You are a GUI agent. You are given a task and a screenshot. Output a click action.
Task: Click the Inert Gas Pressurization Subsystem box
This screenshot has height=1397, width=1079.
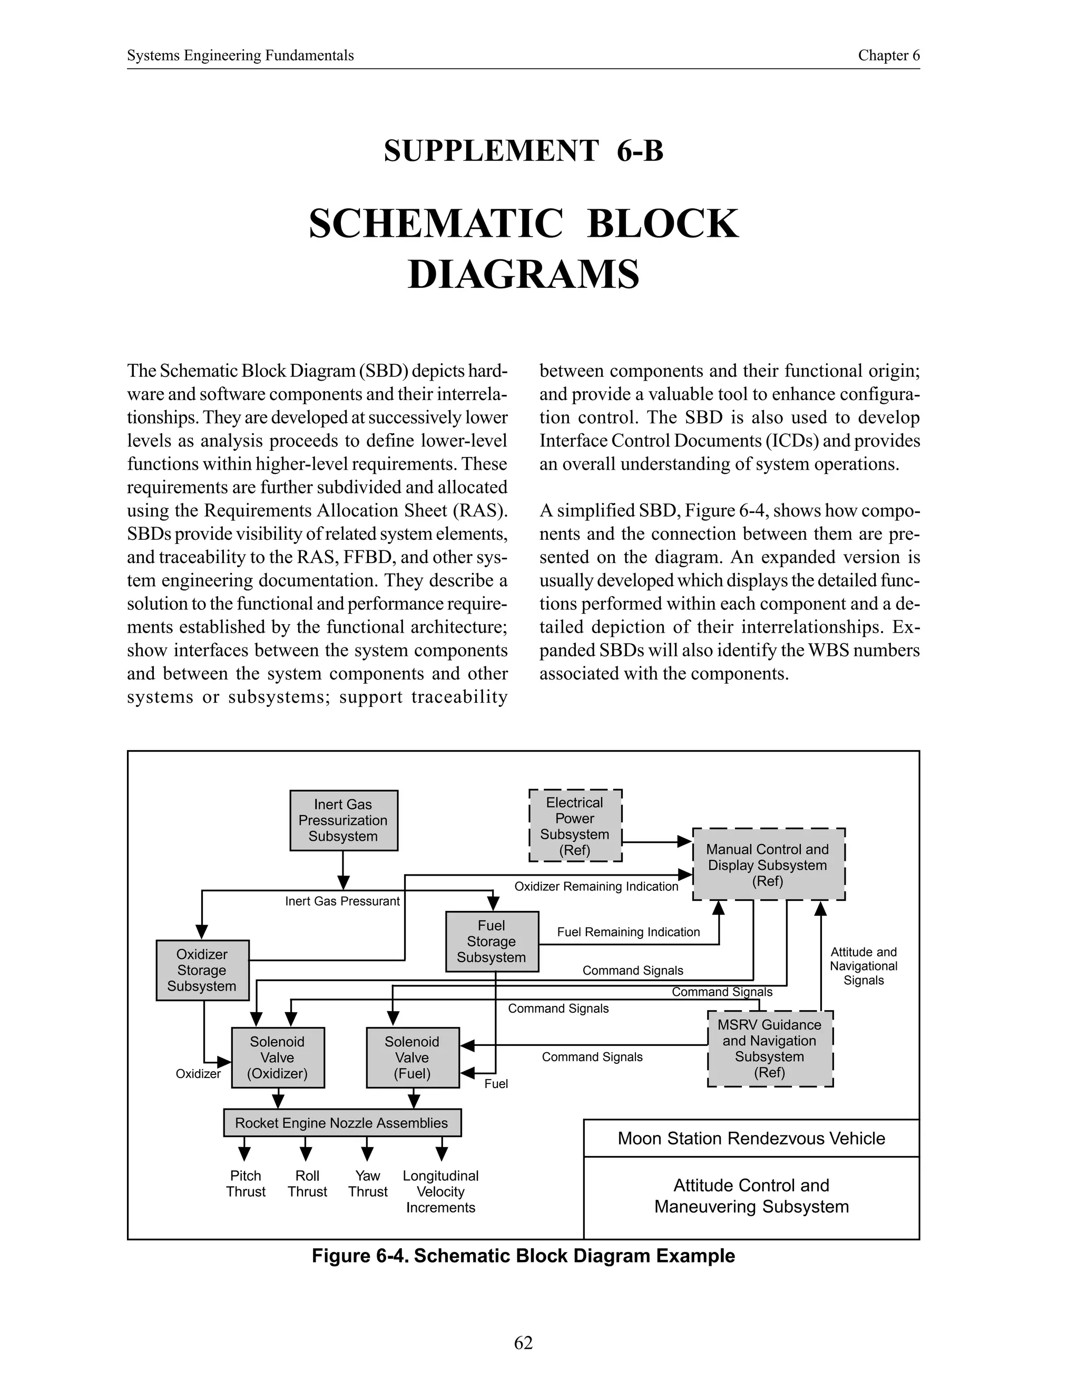tap(344, 820)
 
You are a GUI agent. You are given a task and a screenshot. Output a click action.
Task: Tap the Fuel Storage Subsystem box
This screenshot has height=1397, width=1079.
tap(492, 941)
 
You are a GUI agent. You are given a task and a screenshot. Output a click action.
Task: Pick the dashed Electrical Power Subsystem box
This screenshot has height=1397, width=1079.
tap(575, 826)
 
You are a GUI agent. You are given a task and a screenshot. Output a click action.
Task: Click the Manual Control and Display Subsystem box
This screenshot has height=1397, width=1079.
tap(768, 864)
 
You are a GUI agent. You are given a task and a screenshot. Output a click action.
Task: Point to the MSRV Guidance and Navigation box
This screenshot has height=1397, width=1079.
tap(770, 1049)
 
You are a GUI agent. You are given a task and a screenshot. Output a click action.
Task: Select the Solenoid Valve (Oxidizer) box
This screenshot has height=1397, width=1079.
tap(278, 1058)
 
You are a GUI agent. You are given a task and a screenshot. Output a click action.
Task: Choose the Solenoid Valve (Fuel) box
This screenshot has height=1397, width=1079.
tap(413, 1058)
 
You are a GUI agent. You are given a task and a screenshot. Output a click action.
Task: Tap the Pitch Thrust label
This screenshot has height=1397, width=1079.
tap(246, 1183)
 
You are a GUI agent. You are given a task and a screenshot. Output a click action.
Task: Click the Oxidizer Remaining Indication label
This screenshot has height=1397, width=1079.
tap(596, 887)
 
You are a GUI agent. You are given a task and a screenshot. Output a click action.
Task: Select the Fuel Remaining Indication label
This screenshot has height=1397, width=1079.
tap(629, 932)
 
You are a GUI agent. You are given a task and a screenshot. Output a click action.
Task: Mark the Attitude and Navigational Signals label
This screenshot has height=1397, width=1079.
tap(863, 966)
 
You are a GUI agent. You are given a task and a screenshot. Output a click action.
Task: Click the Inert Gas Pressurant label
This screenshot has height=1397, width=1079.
tap(342, 901)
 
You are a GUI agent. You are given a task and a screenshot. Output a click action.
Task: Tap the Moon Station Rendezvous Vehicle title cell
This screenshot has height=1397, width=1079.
tap(751, 1138)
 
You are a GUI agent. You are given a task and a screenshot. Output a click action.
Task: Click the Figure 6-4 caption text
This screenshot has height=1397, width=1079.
tap(523, 1256)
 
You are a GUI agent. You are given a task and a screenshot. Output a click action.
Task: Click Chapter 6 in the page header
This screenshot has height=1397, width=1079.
tap(888, 56)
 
